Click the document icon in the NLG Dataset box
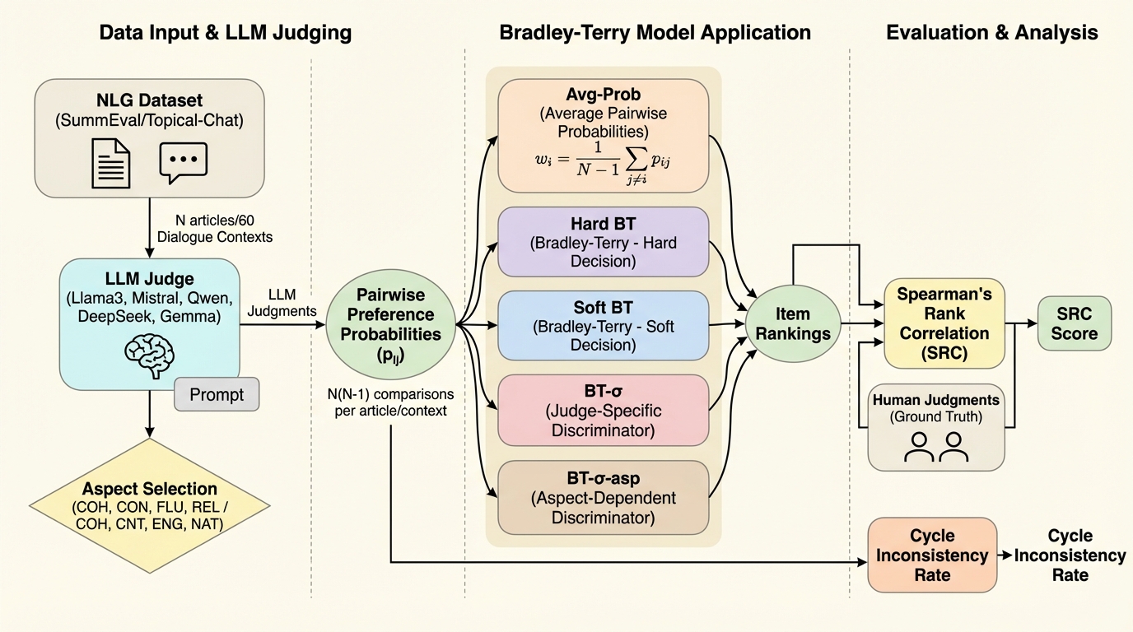tap(110, 161)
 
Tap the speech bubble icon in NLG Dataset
tap(183, 162)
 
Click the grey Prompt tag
tap(217, 395)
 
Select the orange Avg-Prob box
tap(603, 132)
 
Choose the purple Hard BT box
tap(603, 242)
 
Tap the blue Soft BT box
tap(603, 326)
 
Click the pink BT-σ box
tap(603, 409)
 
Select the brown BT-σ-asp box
tap(603, 497)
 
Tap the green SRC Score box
tap(1074, 323)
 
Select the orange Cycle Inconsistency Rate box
tap(931, 555)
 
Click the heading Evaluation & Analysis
tap(991, 33)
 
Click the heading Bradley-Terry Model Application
tap(655, 33)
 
